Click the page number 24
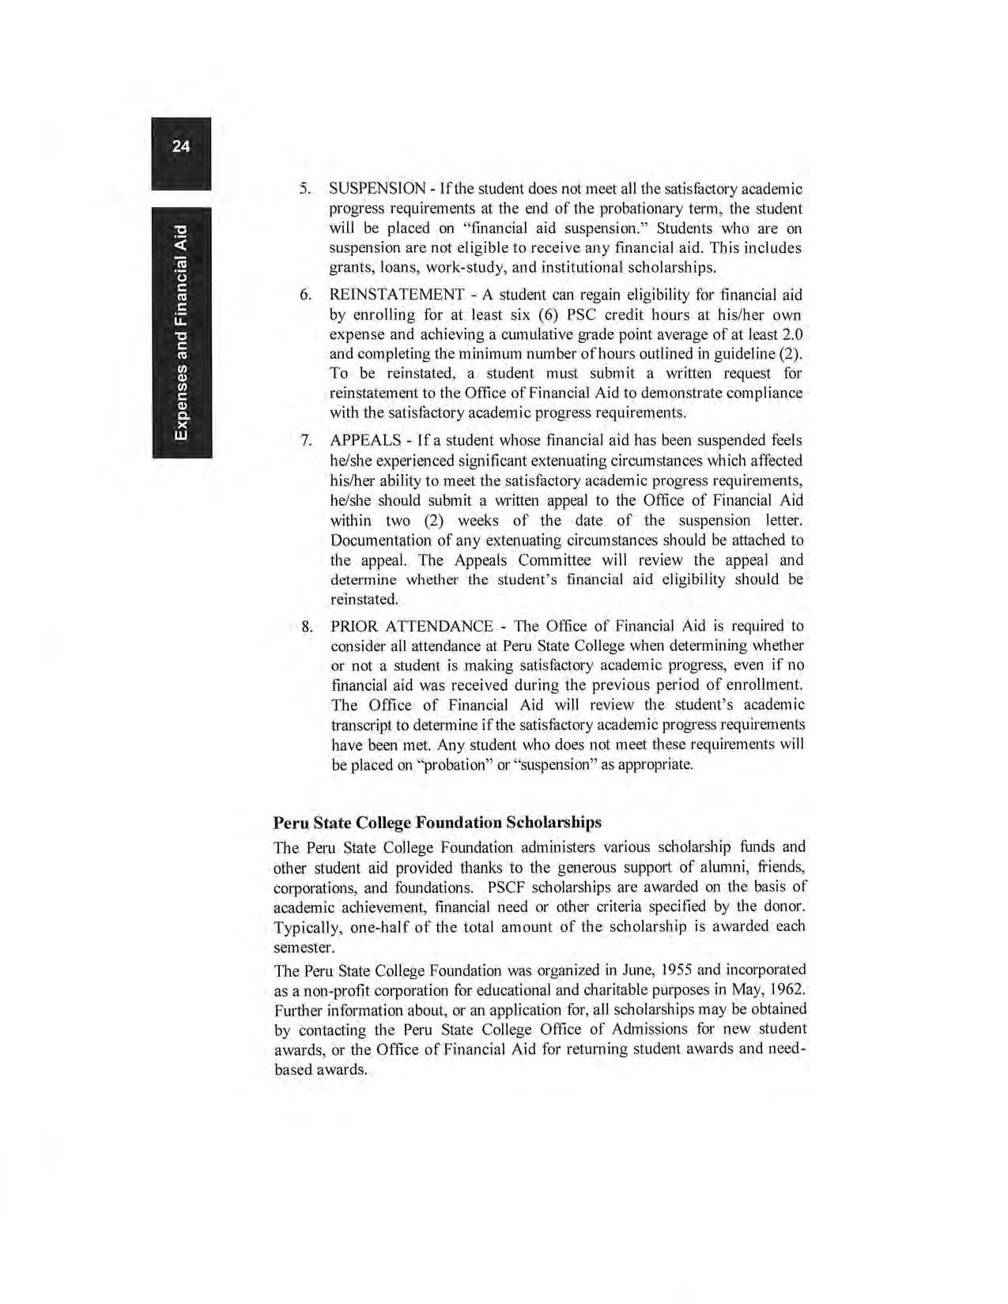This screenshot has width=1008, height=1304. (181, 146)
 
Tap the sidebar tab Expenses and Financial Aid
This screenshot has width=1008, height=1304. (182, 333)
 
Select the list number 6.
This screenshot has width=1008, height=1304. (304, 296)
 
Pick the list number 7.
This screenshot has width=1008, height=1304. (304, 441)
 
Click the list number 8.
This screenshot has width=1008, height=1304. (306, 628)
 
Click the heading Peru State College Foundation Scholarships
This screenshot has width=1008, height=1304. (437, 823)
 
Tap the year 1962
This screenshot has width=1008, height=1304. (787, 990)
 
